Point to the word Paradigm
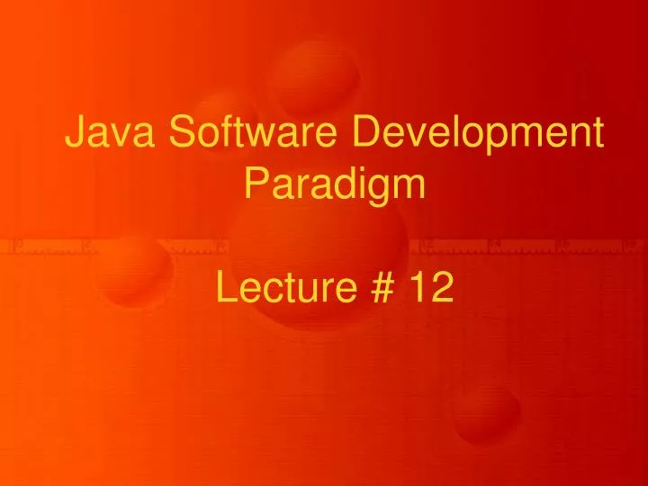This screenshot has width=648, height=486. (x=335, y=185)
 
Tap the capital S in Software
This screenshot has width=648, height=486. (x=181, y=134)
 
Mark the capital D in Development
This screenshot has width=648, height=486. (x=362, y=134)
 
